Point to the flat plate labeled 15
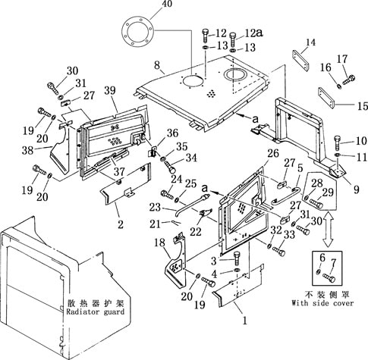tap(326, 97)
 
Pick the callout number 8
tap(157, 65)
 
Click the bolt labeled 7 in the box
tap(329, 278)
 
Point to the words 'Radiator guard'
tap(96, 311)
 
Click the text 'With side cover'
tap(322, 303)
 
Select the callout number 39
tap(110, 90)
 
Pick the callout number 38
tap(27, 150)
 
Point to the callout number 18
tap(160, 243)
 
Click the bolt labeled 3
tap(237, 258)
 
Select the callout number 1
tap(244, 321)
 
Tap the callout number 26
tap(273, 153)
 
